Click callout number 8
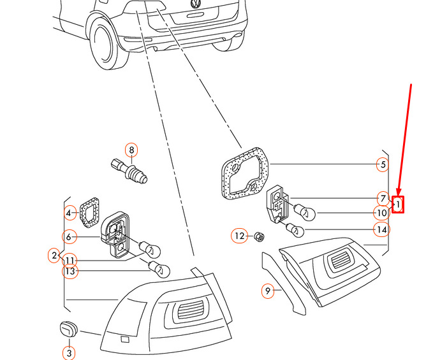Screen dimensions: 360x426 [131, 151]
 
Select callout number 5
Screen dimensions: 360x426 [382, 165]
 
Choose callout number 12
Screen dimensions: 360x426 [239, 236]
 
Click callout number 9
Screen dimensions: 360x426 [268, 291]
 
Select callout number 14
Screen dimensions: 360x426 [381, 229]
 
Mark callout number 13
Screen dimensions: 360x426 [70, 271]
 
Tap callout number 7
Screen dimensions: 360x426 [382, 198]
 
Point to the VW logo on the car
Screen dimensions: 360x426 [195, 4]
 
